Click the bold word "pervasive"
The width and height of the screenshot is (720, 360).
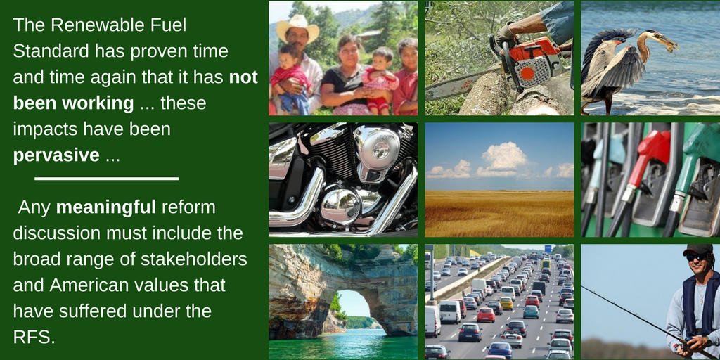click(x=56, y=155)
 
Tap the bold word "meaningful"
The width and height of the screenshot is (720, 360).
click(x=106, y=207)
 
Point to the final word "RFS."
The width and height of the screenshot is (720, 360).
click(x=34, y=337)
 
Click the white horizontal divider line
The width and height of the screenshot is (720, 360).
click(x=107, y=178)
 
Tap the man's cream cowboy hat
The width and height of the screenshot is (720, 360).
click(x=297, y=28)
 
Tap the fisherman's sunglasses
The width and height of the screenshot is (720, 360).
click(x=697, y=257)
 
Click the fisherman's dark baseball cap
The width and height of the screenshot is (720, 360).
click(x=697, y=250)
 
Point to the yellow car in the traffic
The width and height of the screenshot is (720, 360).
click(x=506, y=302)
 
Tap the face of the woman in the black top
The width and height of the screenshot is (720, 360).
click(x=349, y=56)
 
